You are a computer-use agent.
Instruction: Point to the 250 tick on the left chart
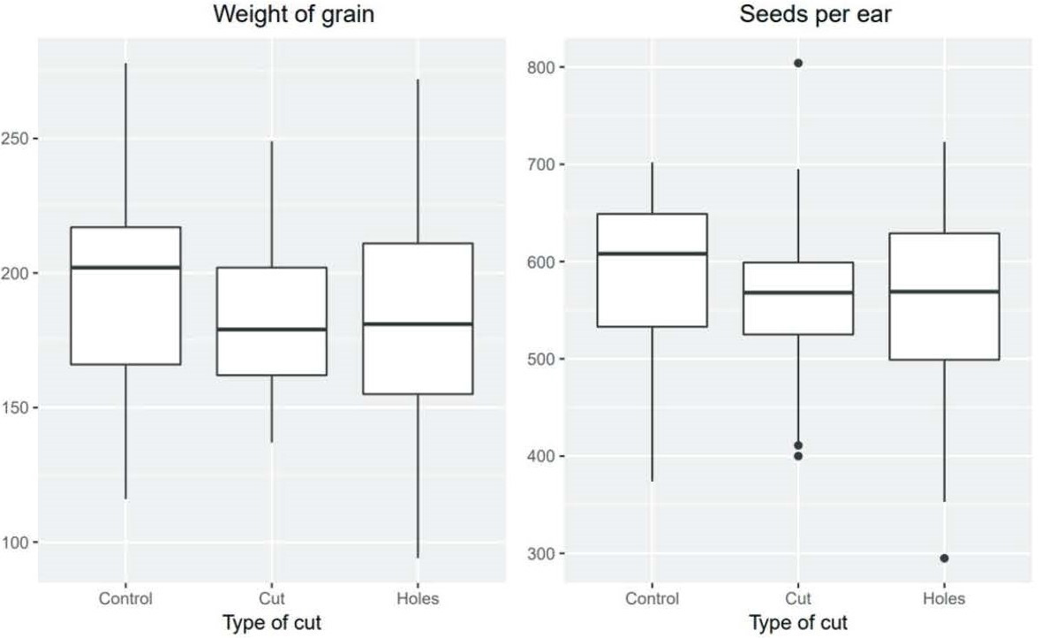tap(19, 140)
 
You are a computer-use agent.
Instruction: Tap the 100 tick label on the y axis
tap(19, 543)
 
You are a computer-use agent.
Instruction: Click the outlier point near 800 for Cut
tap(798, 63)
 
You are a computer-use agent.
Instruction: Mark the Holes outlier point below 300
tap(944, 558)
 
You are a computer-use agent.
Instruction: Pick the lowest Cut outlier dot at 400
tap(798, 456)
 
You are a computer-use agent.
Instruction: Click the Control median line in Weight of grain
tap(125, 267)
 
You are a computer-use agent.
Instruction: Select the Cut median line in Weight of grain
tap(271, 330)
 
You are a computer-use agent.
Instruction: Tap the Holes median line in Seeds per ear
tap(944, 292)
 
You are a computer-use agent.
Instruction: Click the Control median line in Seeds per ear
tap(652, 254)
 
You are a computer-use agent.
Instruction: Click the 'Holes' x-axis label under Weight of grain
tap(418, 599)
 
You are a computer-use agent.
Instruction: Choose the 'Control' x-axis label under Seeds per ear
tap(652, 599)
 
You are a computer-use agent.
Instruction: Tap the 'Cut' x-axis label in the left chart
tap(271, 599)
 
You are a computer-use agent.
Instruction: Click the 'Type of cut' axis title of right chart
tap(797, 623)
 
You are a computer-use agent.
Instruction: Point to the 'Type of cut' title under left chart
tap(271, 623)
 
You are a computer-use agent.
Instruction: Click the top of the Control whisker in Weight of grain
tap(125, 64)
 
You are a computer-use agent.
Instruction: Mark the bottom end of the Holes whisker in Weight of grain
tap(418, 558)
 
